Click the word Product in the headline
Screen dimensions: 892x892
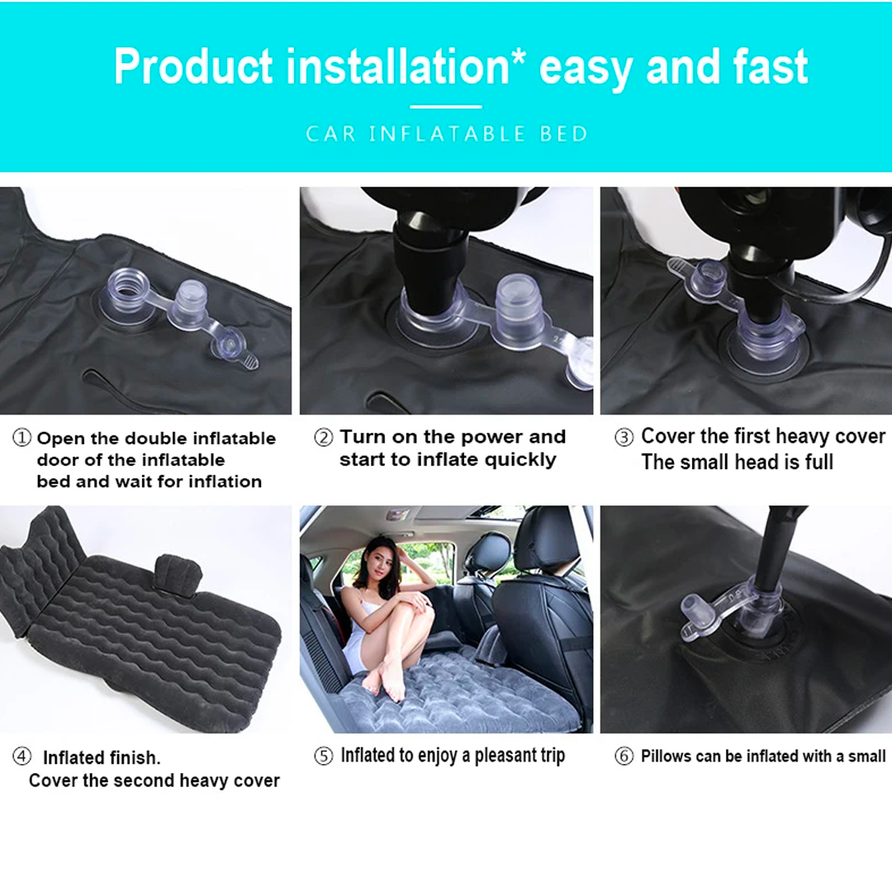click(x=193, y=67)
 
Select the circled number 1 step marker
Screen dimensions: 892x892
click(x=21, y=438)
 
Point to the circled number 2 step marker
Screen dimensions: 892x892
click(x=323, y=437)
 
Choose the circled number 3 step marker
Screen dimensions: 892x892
click(x=624, y=437)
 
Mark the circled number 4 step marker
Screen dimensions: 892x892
click(x=21, y=756)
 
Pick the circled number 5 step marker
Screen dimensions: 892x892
click(x=323, y=756)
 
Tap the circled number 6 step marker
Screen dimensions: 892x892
click(x=624, y=756)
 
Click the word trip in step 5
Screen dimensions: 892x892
click(x=553, y=756)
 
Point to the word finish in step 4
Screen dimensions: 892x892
click(x=135, y=757)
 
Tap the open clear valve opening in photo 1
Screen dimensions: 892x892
click(x=127, y=288)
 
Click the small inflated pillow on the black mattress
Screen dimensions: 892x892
click(x=178, y=575)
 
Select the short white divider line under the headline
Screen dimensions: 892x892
click(x=446, y=107)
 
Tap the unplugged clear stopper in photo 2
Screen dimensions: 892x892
click(x=519, y=310)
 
